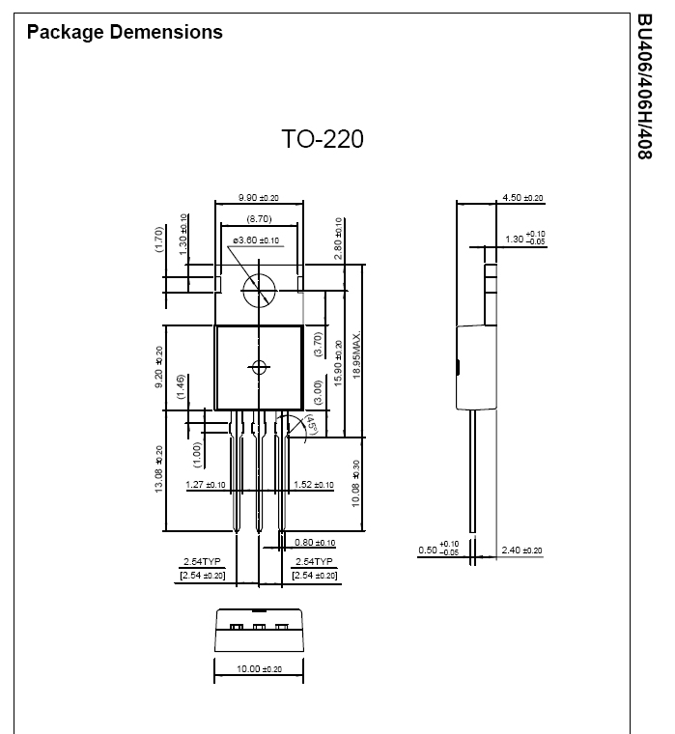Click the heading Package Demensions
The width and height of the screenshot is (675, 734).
[x=125, y=32]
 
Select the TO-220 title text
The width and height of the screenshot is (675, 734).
[x=323, y=139]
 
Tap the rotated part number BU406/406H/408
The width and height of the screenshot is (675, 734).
[x=645, y=87]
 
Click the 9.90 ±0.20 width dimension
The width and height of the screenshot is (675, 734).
[x=259, y=198]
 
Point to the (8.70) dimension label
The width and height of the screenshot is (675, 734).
[x=259, y=218]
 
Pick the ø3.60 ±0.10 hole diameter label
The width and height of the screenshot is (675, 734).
[x=256, y=240]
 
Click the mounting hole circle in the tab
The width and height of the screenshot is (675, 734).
[x=259, y=291]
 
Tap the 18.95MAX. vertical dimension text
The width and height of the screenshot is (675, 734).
[x=356, y=354]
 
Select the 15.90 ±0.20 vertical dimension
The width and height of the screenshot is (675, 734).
[x=338, y=363]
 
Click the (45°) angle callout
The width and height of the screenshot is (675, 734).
[x=312, y=424]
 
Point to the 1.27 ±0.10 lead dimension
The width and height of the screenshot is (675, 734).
[x=205, y=485]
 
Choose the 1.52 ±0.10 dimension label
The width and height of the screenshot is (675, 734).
[x=314, y=485]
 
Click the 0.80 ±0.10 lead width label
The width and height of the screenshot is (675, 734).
[x=315, y=543]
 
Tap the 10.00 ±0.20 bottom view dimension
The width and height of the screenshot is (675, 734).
[x=260, y=669]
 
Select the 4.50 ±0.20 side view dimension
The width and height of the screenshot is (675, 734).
[x=522, y=198]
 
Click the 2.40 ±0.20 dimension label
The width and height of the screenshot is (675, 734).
[x=521, y=550]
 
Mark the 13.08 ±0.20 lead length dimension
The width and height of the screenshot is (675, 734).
[x=158, y=468]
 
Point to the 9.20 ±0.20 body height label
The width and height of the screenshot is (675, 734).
[x=158, y=367]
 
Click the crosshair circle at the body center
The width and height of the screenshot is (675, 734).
[x=259, y=367]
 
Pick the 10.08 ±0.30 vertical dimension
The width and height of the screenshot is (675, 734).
[x=355, y=484]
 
